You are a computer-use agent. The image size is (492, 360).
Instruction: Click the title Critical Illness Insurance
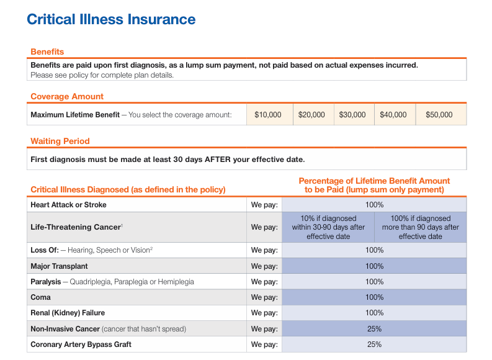(x=111, y=19)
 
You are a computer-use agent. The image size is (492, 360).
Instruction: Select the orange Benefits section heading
(x=47, y=52)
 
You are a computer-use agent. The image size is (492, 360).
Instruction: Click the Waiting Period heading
(x=60, y=142)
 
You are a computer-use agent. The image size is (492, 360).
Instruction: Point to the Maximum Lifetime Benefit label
(x=75, y=115)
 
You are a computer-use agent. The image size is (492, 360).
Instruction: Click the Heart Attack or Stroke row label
(x=68, y=205)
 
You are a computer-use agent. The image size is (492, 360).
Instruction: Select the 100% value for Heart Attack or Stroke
(x=374, y=205)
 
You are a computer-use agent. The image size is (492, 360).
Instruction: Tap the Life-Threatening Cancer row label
(x=76, y=227)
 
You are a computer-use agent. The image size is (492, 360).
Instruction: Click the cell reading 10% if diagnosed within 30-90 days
(x=328, y=227)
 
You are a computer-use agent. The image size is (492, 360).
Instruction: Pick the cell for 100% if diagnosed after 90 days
(x=421, y=227)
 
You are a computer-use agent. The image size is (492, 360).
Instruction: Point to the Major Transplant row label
(x=59, y=266)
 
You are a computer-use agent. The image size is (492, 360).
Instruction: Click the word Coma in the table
(x=40, y=297)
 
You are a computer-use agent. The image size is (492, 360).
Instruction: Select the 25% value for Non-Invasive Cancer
(x=374, y=329)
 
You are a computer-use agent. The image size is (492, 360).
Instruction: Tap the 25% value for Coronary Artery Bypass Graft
(x=374, y=344)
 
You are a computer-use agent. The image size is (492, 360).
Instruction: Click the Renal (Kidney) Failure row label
(x=68, y=313)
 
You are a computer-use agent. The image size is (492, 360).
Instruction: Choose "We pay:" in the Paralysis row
(x=264, y=282)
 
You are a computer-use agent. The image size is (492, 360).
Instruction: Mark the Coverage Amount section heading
(x=67, y=96)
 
